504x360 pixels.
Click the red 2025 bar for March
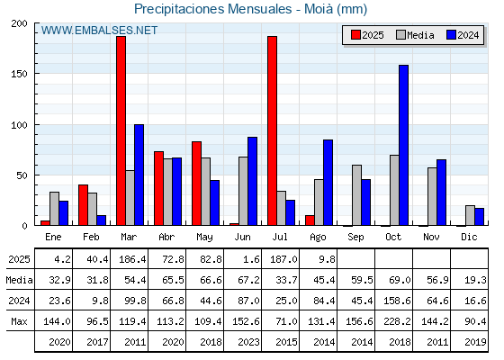click(121, 130)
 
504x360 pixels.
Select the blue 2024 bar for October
click(404, 145)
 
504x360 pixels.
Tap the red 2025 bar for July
click(272, 130)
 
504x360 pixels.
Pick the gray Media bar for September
click(356, 195)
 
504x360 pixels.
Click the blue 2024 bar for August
click(328, 183)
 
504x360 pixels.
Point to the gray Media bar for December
click(470, 215)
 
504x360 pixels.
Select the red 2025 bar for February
click(83, 205)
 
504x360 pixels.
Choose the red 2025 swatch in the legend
click(355, 35)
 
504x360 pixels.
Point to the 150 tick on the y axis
click(19, 74)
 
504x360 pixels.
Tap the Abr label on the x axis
click(166, 238)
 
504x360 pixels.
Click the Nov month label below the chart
click(431, 238)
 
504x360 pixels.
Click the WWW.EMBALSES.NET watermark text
click(99, 31)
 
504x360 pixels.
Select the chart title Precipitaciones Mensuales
click(212, 9)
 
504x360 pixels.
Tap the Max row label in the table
click(19, 321)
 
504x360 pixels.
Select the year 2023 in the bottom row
click(248, 342)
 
